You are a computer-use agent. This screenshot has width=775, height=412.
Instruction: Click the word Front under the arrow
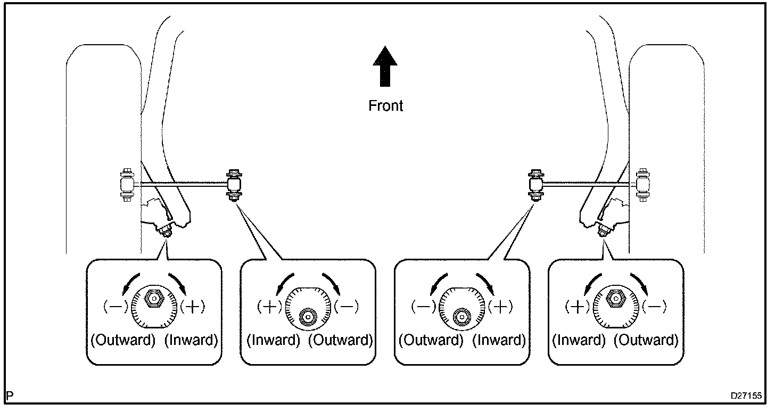pos(385,106)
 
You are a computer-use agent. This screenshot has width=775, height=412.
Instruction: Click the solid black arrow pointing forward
pos(385,66)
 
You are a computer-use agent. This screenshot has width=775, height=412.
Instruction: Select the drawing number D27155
pos(746,395)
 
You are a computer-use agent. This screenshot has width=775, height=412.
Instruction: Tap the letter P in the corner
pos(10,395)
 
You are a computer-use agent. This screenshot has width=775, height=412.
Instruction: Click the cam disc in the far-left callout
pos(154,307)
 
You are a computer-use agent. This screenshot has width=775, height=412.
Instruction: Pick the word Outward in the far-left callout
pos(123,340)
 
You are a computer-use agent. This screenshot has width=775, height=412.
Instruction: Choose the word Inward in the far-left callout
pos(191,340)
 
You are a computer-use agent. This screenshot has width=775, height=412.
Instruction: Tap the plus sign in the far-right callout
pos(577,307)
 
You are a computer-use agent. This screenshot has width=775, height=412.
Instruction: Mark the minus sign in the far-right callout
pos(654,307)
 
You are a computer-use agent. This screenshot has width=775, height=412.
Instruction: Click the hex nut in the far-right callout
pos(615,298)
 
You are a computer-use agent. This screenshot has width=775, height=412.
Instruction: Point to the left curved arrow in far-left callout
pos(130,284)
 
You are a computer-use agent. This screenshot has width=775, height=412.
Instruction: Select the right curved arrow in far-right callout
pos(639,284)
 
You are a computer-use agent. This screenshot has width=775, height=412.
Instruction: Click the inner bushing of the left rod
pos(234,185)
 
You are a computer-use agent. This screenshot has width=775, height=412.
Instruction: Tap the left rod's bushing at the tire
pos(127,185)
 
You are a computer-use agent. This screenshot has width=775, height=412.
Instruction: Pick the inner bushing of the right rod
pos(536,185)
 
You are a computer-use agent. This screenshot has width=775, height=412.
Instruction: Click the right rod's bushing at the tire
pos(643,185)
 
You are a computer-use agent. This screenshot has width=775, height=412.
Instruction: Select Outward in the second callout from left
pos(341,340)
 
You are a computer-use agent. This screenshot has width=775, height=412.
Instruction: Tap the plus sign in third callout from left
pos(500,307)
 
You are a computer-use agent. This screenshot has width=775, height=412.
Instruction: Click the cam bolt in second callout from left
pos(308,316)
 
